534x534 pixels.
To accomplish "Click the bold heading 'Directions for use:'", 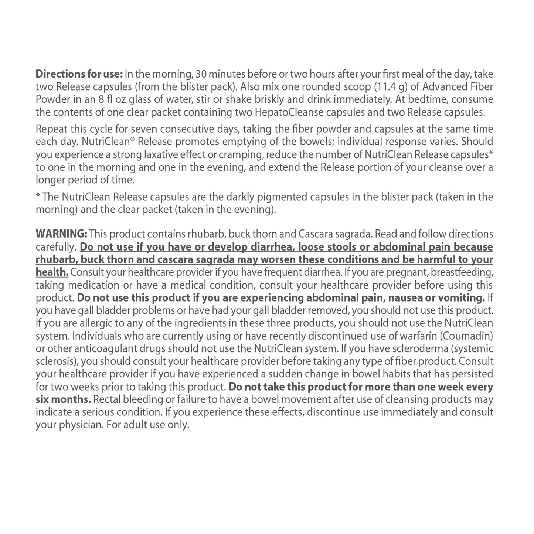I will click(x=79, y=74).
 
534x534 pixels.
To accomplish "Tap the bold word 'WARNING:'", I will click(x=61, y=234).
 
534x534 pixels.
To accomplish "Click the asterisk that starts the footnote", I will click(x=38, y=196).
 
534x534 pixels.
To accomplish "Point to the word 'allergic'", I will click(x=81, y=323).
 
